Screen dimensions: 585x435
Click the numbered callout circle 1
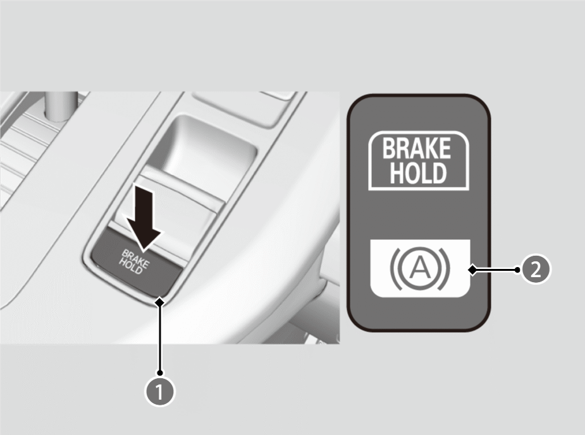pos(159,391)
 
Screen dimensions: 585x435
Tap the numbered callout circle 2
pos(536,269)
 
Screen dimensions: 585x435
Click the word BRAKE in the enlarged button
pos(416,148)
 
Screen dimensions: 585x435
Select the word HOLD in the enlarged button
pos(418,173)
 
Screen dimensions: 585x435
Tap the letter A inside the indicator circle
pos(420,268)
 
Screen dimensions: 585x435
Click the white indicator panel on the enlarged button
pos(420,268)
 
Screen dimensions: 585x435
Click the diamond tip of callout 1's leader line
pos(160,303)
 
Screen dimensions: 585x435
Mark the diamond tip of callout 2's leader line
pos(472,269)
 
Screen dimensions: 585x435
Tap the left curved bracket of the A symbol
pos(395,268)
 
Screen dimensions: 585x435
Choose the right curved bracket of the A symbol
pos(445,268)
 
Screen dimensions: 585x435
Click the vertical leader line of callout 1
pos(160,338)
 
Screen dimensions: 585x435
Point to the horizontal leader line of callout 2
pos(495,269)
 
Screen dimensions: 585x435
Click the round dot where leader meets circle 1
pos(160,372)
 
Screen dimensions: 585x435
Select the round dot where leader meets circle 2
pos(517,269)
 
